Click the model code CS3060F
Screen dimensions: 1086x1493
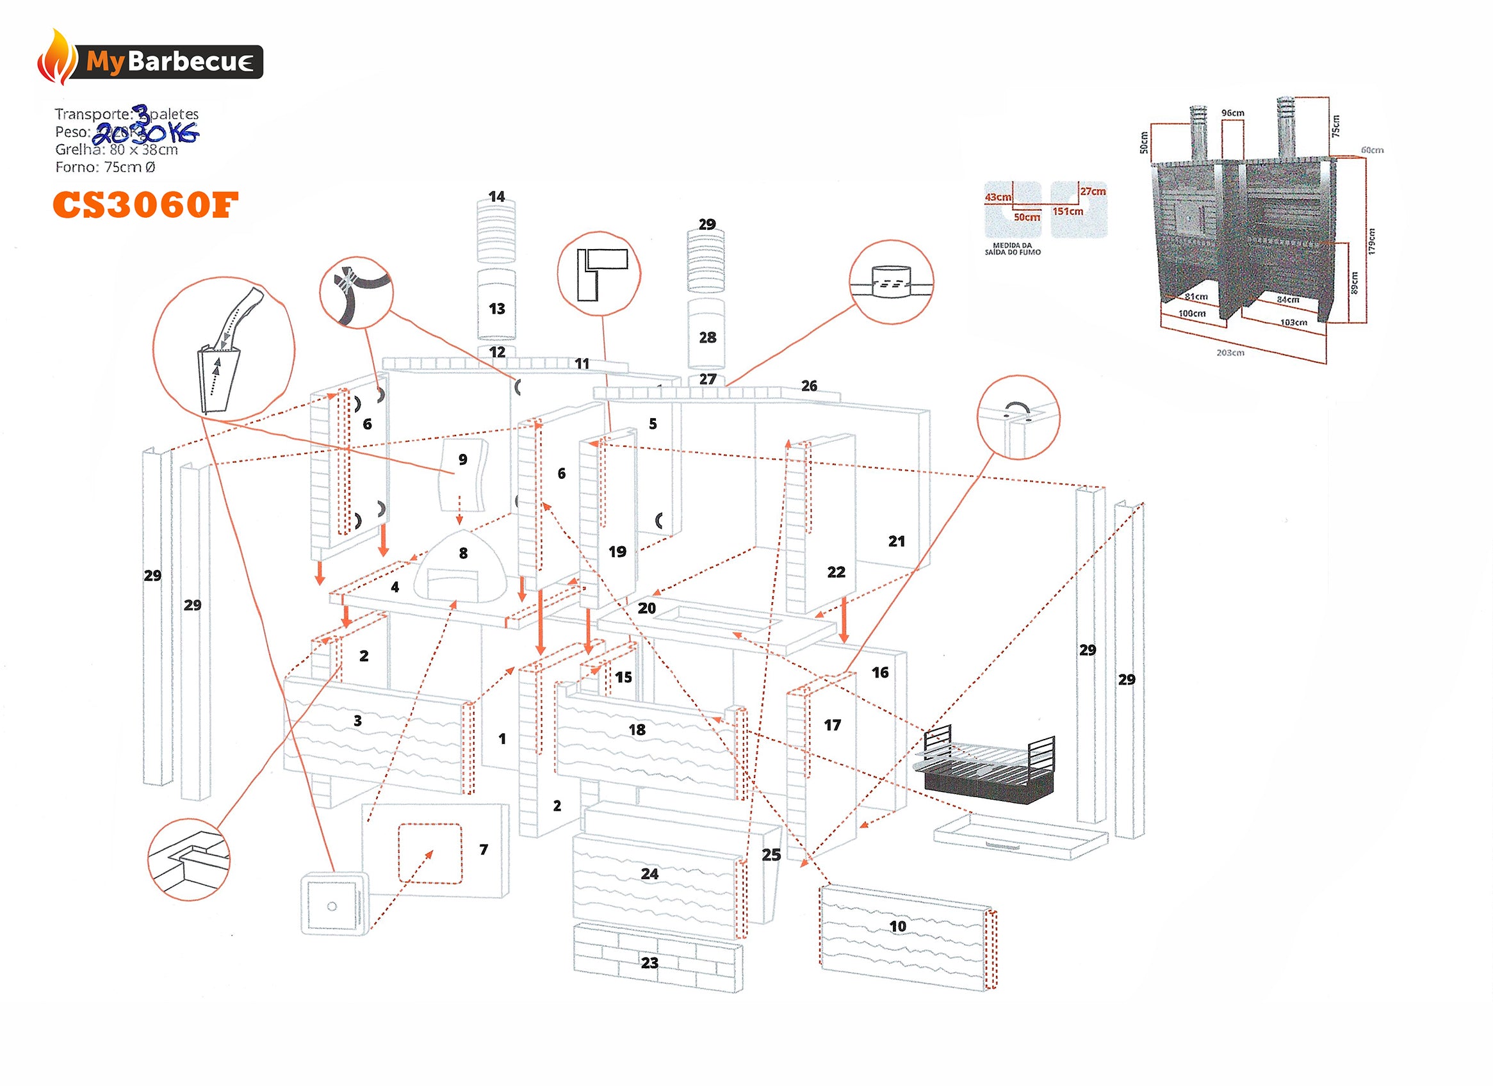coord(145,205)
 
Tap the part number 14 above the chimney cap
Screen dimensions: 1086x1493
coord(496,197)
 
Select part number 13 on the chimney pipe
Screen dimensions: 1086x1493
coord(496,309)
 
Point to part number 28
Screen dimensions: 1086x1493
coord(707,337)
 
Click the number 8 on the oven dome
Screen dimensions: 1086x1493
coord(463,553)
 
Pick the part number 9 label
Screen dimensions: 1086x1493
coord(463,459)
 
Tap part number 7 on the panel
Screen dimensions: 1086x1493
coord(483,850)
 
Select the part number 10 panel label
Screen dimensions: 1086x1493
coord(897,927)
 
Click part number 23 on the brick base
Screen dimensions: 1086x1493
coord(649,963)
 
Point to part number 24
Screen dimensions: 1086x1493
coord(649,874)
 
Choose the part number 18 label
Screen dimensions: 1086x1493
coord(637,730)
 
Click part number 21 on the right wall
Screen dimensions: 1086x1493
coord(896,542)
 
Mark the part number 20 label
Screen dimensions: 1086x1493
coord(646,608)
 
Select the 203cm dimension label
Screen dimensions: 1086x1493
coord(1230,353)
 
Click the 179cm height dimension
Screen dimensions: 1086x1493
coord(1371,241)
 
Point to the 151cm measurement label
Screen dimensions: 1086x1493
coord(1067,211)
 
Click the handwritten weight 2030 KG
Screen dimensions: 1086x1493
coord(145,134)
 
